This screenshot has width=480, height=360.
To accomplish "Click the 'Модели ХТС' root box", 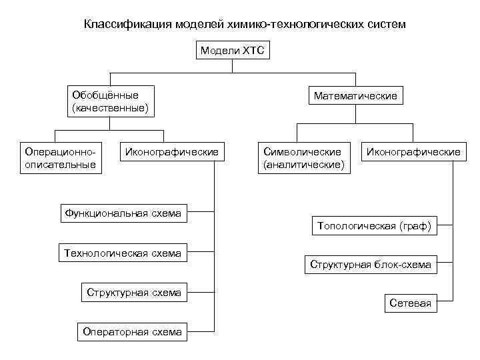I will [232, 51].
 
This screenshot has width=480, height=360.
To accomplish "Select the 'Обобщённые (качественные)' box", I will [109, 101].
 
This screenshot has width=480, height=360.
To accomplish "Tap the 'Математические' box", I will [355, 96].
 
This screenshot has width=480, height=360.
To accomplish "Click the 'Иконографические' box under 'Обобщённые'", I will [171, 153].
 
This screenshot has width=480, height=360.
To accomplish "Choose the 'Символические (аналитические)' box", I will [304, 158].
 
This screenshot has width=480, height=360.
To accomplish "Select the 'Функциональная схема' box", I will [123, 214].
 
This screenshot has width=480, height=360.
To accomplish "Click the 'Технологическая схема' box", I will [123, 253].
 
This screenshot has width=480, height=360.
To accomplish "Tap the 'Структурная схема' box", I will [133, 292].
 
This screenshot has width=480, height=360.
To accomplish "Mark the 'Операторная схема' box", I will [133, 331].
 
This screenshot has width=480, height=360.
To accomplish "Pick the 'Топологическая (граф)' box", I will [375, 226].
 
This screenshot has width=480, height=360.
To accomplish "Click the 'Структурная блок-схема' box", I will [371, 265].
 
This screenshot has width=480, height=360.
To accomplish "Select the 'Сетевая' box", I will [411, 304].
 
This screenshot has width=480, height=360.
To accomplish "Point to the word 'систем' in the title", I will [382, 25].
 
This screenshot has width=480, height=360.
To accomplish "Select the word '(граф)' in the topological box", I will [415, 226].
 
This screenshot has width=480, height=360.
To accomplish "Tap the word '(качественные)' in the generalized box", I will [109, 107].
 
